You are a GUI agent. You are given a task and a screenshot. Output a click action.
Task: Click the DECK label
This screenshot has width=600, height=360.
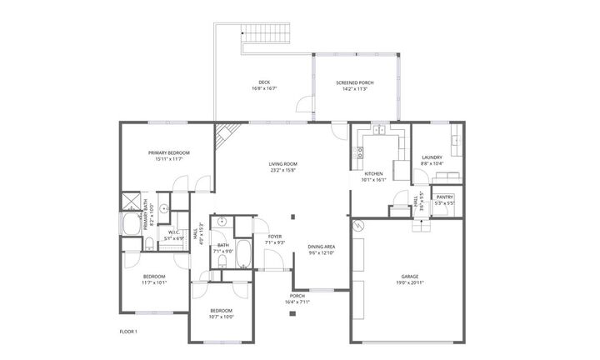[264, 82]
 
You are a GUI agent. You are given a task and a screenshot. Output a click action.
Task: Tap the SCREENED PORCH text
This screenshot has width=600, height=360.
[355, 82]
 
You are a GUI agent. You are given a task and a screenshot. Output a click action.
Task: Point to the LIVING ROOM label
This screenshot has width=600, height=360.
[282, 164]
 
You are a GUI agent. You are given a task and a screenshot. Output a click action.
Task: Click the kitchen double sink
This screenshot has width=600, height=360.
[379, 131]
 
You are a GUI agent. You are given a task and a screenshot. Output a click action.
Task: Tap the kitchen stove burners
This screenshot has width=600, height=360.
[360, 152]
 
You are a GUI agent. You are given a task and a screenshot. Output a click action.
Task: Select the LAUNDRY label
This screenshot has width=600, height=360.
[432, 157]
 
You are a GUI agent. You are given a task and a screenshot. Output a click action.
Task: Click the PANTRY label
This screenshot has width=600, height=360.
[444, 197]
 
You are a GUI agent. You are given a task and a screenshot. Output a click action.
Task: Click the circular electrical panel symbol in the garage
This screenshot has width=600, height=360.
[358, 225]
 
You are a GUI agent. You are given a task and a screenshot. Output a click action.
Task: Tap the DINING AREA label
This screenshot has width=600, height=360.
[322, 247]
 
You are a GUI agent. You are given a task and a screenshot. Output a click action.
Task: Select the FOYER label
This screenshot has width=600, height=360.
[273, 237]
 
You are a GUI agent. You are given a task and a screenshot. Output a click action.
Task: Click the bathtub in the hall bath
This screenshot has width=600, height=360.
[243, 253]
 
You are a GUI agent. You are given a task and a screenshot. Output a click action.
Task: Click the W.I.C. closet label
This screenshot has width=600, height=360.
[175, 232]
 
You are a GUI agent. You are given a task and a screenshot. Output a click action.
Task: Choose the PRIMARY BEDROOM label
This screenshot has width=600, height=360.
[169, 152]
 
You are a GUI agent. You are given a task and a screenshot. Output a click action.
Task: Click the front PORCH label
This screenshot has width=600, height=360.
[297, 296]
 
